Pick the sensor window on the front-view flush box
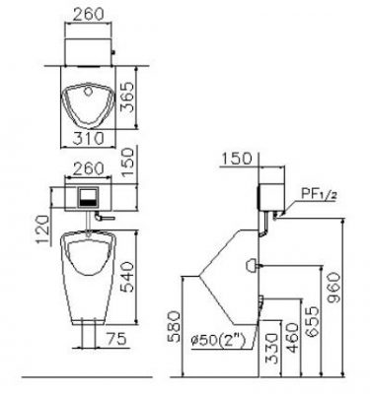pos(86,195)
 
